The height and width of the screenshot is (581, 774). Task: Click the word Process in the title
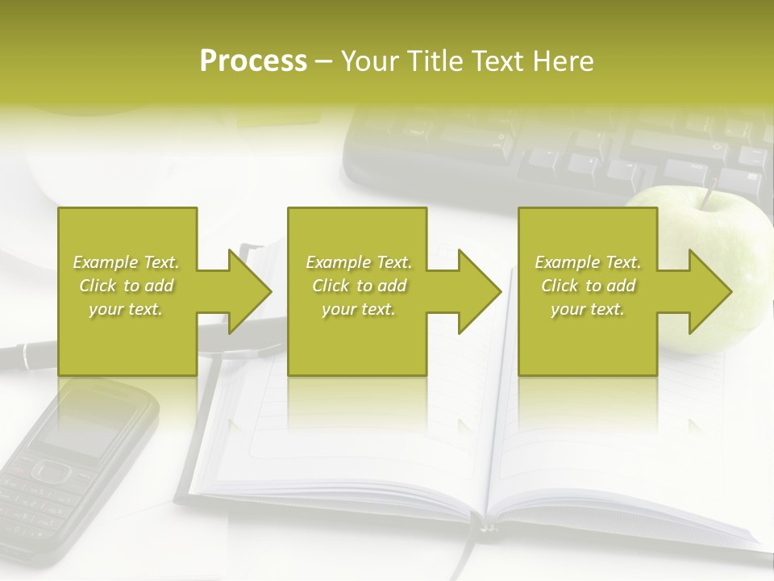(253, 61)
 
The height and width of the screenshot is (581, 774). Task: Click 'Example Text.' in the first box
(126, 262)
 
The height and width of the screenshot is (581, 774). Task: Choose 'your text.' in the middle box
(358, 309)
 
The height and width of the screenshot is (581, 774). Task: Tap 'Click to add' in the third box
(588, 286)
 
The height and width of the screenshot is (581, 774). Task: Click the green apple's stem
(709, 194)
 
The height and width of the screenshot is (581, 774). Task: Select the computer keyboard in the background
(564, 149)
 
